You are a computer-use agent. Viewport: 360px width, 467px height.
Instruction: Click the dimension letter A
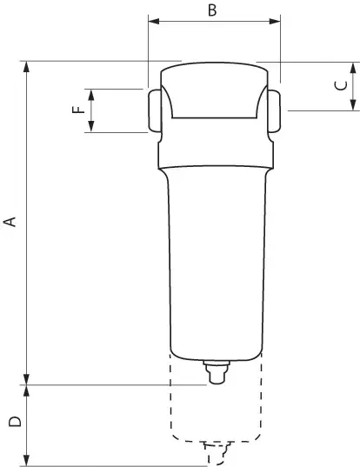point(10,222)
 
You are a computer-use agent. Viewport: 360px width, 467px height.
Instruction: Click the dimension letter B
point(212,10)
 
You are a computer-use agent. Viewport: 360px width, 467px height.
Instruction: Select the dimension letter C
point(341,85)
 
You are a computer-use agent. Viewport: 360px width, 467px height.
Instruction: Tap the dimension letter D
point(15,422)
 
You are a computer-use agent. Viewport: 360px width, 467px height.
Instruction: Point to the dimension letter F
point(78,110)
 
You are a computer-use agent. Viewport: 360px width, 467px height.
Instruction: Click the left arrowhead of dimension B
point(154,21)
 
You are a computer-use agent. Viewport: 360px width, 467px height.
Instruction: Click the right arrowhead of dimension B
point(275,21)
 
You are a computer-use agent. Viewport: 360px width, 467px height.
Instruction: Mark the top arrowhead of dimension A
point(26,67)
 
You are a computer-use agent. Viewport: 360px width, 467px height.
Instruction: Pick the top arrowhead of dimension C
point(353,68)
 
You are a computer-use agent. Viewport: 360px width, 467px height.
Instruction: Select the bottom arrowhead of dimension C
point(353,105)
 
